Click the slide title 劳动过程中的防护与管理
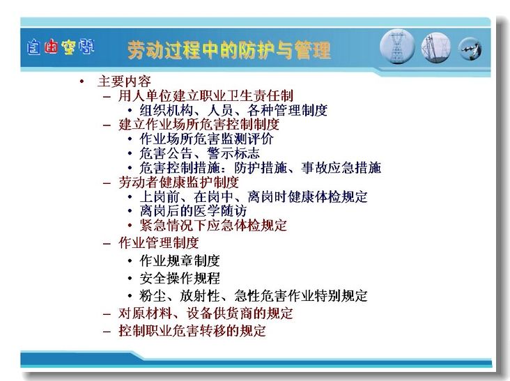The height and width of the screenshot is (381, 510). point(229,50)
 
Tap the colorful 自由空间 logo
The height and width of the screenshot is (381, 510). point(61,47)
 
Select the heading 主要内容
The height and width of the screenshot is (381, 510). point(124,81)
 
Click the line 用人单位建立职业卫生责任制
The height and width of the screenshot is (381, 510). point(206,95)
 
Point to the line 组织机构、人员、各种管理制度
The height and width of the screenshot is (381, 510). point(233,110)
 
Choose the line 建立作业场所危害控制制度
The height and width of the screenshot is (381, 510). point(199,125)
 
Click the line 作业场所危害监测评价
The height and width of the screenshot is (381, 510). point(206,139)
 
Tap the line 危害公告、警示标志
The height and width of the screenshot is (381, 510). point(200,153)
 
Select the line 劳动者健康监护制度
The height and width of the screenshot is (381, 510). point(179,182)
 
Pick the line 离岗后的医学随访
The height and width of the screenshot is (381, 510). point(193,210)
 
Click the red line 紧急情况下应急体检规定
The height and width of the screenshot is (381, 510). point(213,225)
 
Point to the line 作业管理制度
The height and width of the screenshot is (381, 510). point(159,243)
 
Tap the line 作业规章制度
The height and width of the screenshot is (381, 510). point(180,261)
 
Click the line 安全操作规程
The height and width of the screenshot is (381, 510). point(180,279)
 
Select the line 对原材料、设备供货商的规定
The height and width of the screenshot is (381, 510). point(206,313)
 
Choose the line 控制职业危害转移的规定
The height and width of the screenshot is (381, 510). point(192,331)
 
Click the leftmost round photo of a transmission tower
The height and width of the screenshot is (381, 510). point(397,47)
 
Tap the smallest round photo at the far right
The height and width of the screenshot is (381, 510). point(470,49)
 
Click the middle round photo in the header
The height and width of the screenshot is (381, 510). point(436,48)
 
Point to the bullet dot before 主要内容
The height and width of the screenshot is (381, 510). point(82,81)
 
